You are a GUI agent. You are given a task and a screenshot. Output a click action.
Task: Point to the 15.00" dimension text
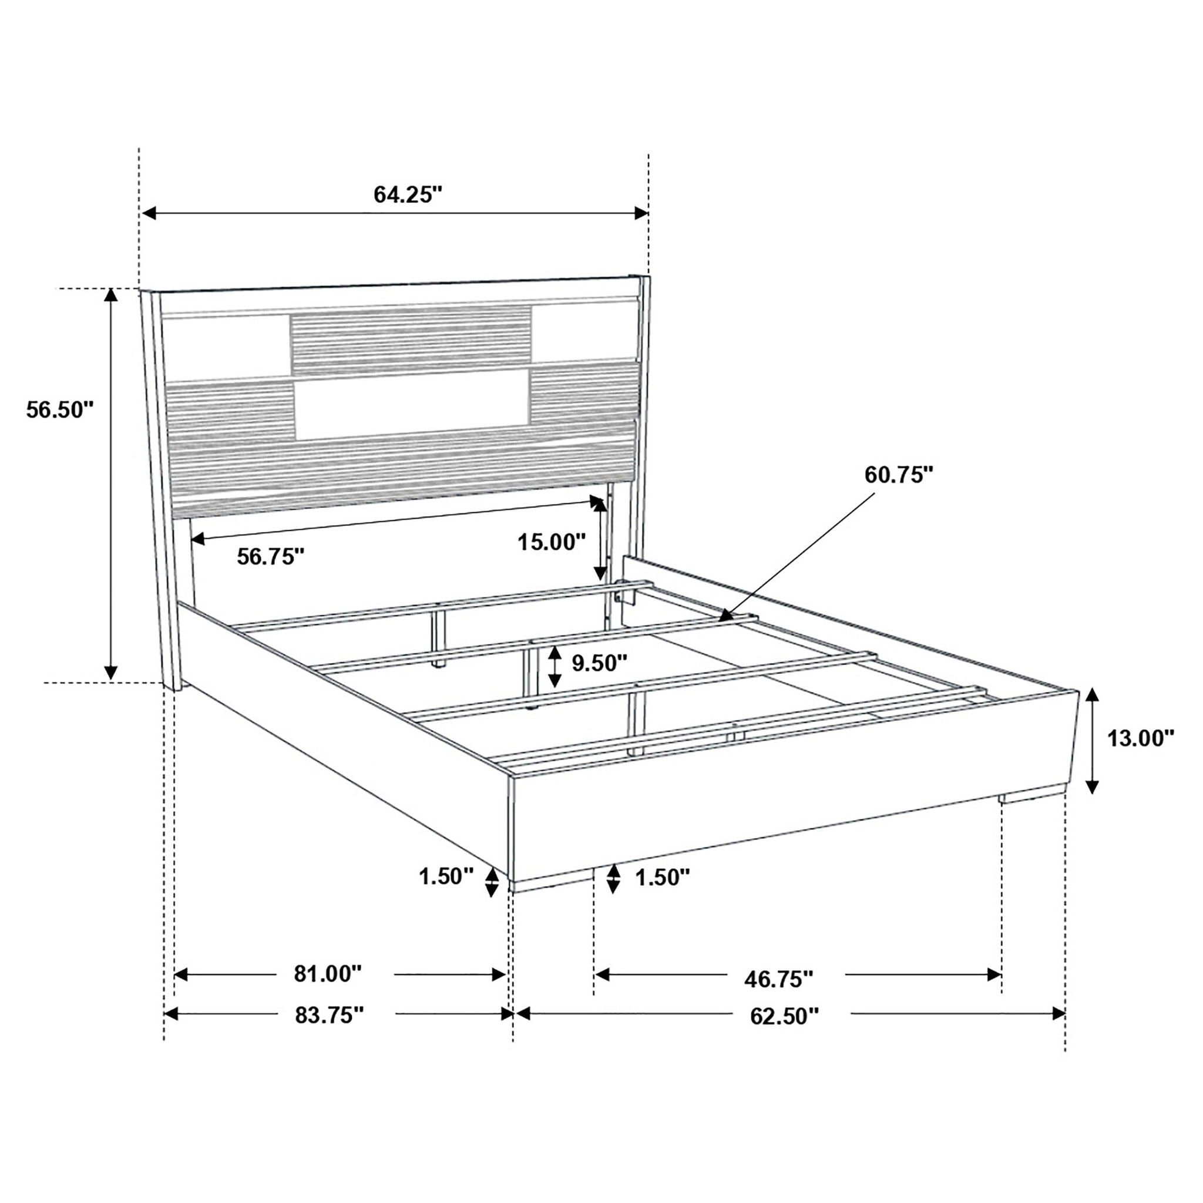[x=552, y=542]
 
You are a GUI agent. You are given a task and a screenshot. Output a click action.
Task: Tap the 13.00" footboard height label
[x=1140, y=739]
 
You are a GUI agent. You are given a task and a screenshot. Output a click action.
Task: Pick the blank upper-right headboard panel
[x=584, y=332]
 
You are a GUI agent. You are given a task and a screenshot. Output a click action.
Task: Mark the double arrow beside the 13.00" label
[x=1091, y=740]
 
